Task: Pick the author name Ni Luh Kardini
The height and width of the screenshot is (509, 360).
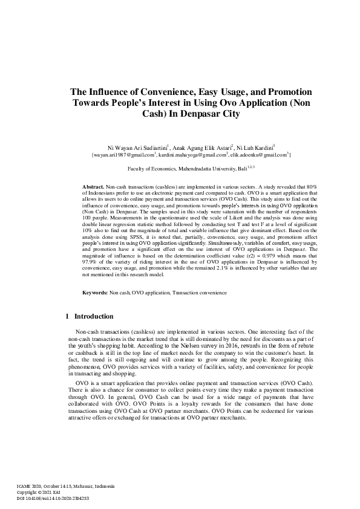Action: click(x=255, y=146)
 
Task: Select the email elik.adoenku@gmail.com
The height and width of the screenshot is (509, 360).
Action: click(x=258, y=155)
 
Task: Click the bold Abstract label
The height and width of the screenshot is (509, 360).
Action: click(x=93, y=189)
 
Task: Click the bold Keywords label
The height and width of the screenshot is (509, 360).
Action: click(x=95, y=293)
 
